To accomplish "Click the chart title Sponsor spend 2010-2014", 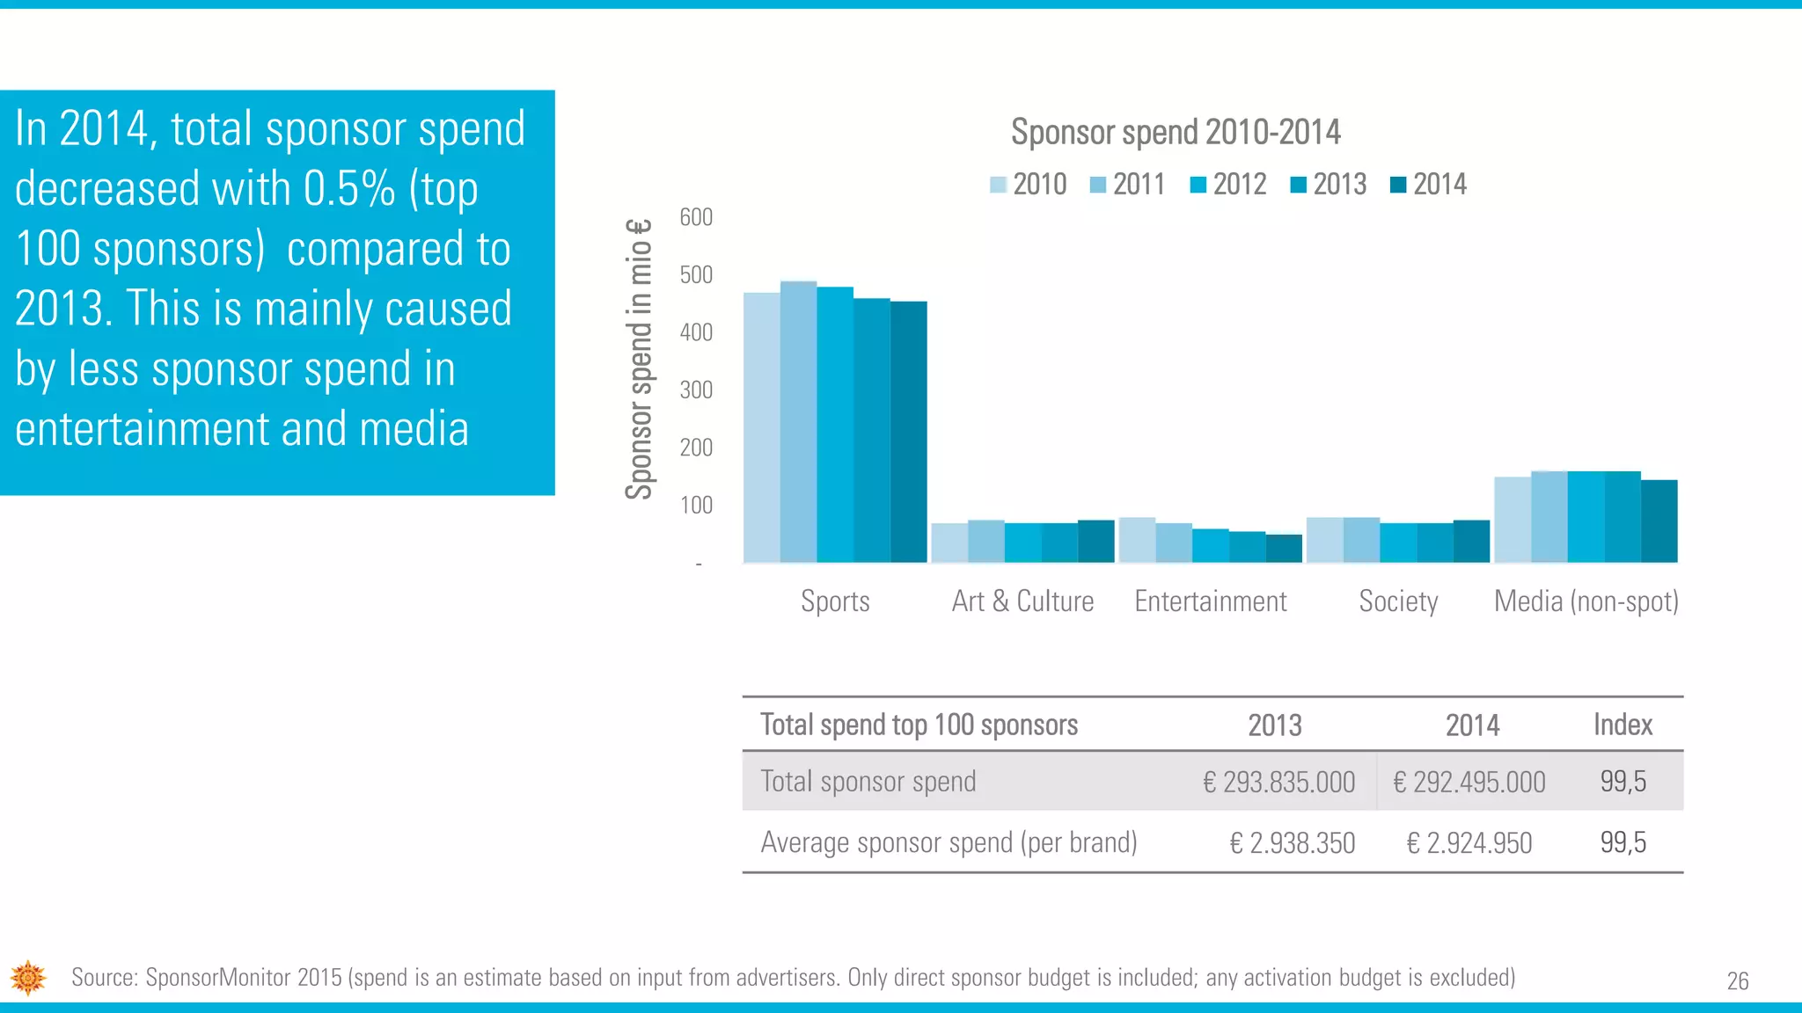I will click(x=1176, y=133).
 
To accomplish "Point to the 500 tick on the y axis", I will click(x=696, y=275).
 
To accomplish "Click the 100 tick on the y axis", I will click(x=696, y=506).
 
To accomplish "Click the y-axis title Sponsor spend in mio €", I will click(x=640, y=359).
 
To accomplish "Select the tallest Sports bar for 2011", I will click(x=798, y=422).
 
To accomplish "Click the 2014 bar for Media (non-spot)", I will click(x=1659, y=521).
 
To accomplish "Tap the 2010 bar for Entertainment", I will click(x=1137, y=540).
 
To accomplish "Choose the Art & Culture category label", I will click(x=1022, y=601).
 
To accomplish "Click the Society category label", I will click(x=1398, y=601).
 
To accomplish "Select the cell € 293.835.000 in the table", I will click(x=1278, y=782).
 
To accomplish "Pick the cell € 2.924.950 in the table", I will click(x=1469, y=843).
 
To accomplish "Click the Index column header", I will click(x=1623, y=725).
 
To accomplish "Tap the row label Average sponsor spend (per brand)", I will click(x=949, y=843).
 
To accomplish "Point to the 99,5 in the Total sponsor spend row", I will click(x=1623, y=782).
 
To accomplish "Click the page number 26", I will click(x=1737, y=981).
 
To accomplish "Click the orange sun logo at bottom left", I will click(x=28, y=978).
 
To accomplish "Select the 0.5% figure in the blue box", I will click(x=349, y=189).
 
